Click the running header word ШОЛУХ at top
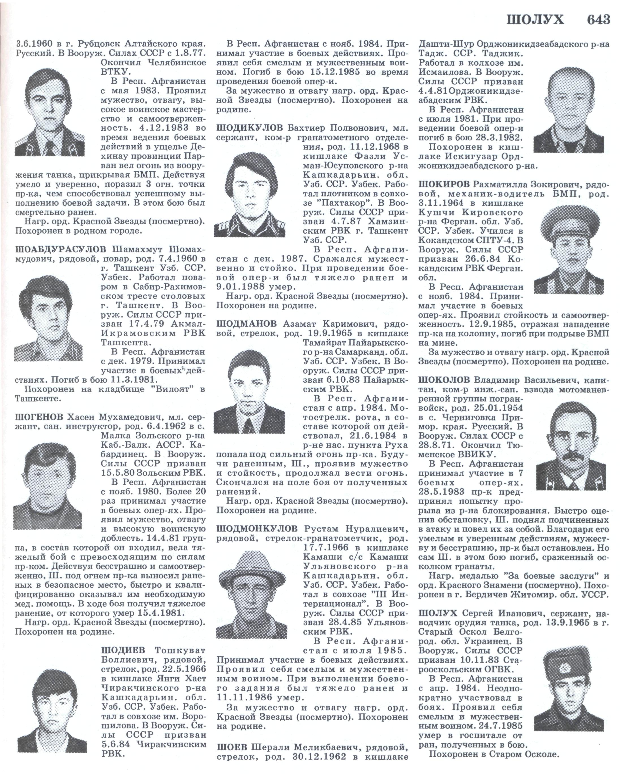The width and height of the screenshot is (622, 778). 535,20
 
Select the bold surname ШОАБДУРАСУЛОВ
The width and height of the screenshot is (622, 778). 61,250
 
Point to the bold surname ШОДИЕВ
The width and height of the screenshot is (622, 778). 123,651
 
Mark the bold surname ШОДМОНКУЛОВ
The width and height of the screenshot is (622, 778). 257,529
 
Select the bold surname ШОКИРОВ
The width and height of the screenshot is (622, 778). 445,185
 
